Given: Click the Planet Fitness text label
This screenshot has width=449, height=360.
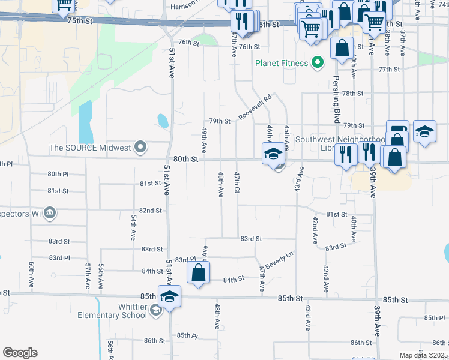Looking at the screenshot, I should click(281, 63).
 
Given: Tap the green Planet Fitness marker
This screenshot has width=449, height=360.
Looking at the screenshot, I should click(318, 63).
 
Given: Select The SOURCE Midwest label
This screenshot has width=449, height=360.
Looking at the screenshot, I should click(90, 148).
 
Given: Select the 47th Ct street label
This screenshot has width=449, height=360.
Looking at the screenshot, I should click(238, 183).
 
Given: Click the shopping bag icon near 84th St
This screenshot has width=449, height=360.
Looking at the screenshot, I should click(198, 273).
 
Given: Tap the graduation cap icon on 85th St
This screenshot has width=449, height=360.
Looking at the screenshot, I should click(169, 297).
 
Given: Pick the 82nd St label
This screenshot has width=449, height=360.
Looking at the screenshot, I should click(151, 211).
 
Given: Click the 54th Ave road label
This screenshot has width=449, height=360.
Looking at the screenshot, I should click(133, 229).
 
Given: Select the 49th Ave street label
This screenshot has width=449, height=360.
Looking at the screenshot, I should click(205, 139).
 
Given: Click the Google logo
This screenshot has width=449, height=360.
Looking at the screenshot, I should click(20, 353).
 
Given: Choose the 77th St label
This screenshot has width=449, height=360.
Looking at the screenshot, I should click(389, 70).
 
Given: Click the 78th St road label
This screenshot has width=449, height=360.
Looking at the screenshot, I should click(353, 94).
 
